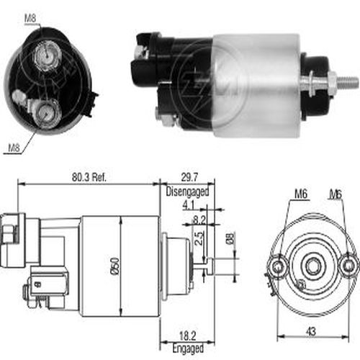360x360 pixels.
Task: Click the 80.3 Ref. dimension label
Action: pos(89,177)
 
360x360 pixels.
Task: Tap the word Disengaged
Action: pos(187,192)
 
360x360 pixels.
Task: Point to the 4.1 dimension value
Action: pos(189,205)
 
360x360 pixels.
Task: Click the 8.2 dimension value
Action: pos(199,220)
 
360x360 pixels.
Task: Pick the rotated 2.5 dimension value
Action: pos(199,238)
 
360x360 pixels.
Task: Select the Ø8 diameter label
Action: pos(230,238)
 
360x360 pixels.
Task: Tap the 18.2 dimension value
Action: pos(188,336)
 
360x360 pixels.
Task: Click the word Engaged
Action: pos(188,348)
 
